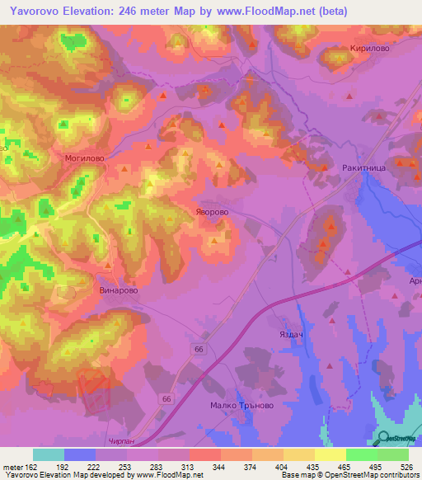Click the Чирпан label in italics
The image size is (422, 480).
point(120,443)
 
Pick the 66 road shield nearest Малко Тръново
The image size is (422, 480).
point(168,398)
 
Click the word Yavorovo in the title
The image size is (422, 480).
point(39,11)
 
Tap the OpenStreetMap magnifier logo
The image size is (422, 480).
point(384,438)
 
